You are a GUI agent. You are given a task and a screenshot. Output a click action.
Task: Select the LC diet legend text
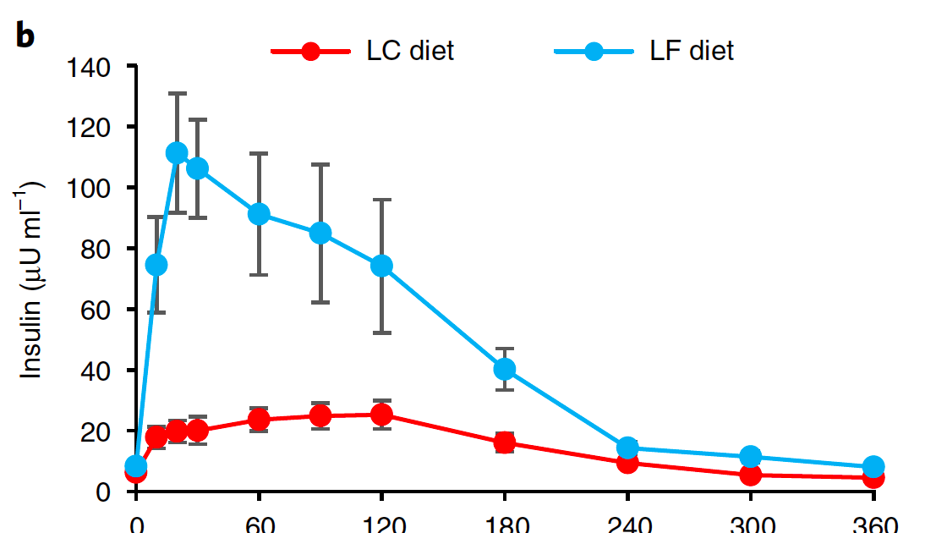coord(410,51)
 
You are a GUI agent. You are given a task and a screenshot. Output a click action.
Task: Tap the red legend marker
coord(310,52)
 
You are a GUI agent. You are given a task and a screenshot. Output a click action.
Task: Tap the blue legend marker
coord(594,52)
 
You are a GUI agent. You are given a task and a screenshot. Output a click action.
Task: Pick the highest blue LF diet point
coord(177,153)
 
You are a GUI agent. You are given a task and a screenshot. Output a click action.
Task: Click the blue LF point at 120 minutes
coord(381,266)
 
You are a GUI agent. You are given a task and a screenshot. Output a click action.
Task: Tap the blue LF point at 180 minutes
coord(505,369)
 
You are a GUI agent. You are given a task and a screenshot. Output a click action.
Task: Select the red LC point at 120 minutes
coord(381,415)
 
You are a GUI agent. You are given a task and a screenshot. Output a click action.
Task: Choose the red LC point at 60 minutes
coord(259,419)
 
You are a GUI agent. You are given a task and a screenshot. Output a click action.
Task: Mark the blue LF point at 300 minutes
coord(750,457)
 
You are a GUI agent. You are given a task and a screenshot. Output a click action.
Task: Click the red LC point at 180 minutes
coord(505,442)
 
